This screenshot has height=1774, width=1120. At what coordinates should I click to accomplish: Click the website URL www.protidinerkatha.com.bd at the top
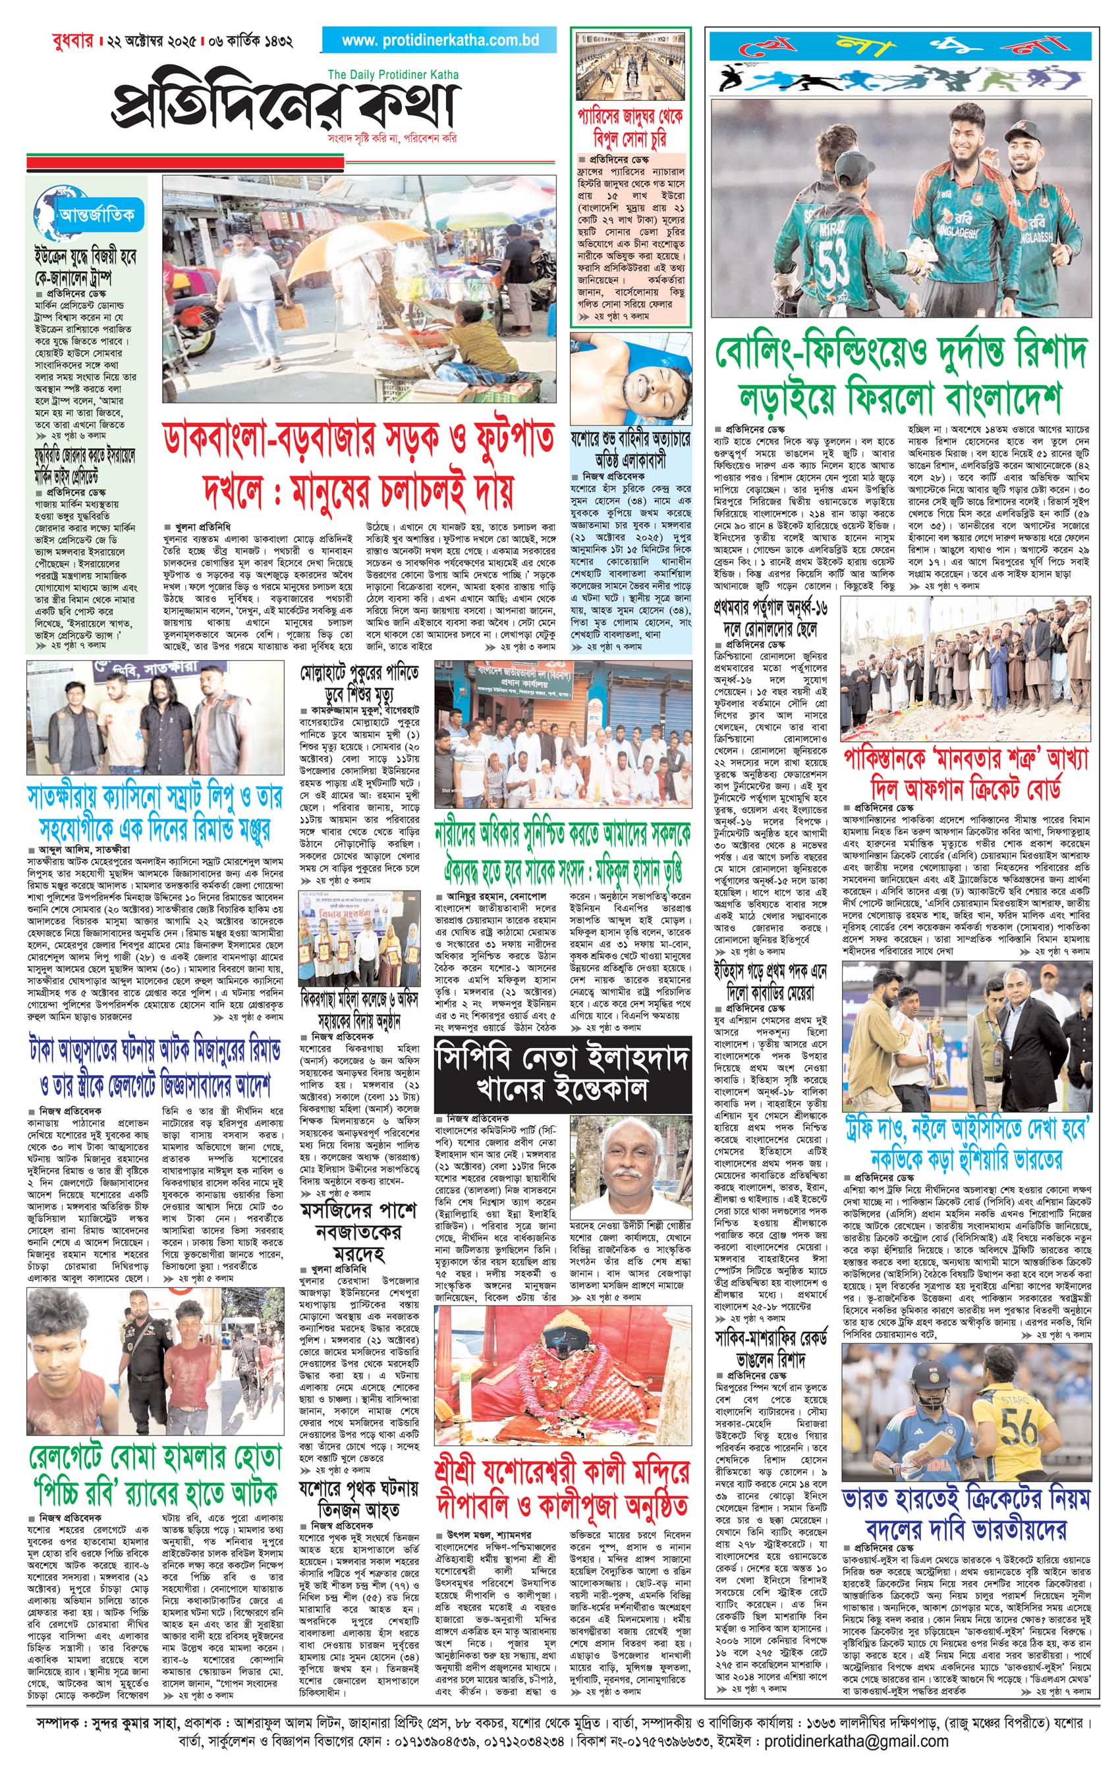coord(440,41)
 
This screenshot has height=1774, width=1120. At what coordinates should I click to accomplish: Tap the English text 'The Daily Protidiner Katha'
coord(393,74)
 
